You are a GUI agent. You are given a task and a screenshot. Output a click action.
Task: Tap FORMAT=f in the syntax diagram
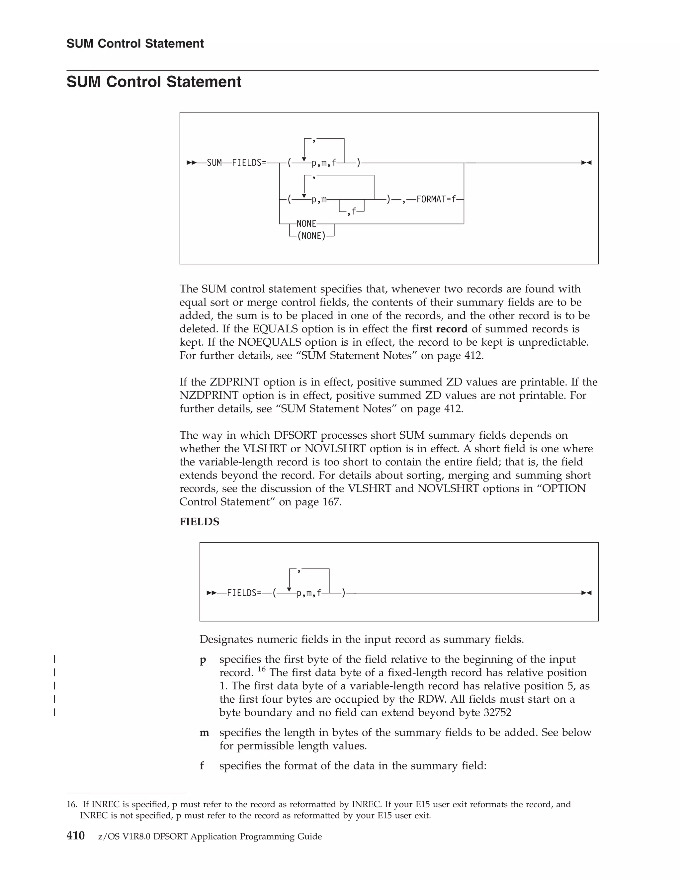[x=436, y=200]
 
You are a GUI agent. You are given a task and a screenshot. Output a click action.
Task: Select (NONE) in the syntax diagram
[x=311, y=236]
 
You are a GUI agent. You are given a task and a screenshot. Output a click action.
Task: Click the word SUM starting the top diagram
[x=214, y=163]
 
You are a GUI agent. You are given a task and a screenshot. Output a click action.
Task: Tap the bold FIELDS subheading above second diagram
[x=200, y=522]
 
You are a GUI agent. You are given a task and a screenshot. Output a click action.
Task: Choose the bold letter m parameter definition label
[x=204, y=733]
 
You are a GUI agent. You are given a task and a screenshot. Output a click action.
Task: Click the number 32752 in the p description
[x=497, y=712]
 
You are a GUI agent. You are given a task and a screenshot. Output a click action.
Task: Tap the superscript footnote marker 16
[x=261, y=669]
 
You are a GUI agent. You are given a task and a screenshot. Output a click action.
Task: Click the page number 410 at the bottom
[x=75, y=836]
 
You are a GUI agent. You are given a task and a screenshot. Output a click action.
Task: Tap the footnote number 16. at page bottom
[x=72, y=805]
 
